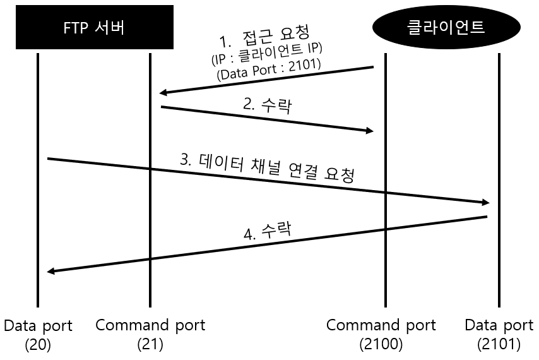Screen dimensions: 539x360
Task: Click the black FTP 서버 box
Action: tap(95, 27)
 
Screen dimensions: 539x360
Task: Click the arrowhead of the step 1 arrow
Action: tap(163, 93)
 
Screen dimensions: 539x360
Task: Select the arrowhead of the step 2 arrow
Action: tap(370, 131)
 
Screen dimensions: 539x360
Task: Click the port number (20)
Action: tap(37, 345)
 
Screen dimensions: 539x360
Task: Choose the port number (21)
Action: tap(150, 345)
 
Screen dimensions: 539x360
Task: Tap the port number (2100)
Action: tap(381, 345)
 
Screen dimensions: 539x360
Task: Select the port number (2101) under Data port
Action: tap(499, 345)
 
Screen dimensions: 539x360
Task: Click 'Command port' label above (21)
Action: tap(150, 326)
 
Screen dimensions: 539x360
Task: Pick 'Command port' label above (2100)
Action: tap(381, 326)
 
